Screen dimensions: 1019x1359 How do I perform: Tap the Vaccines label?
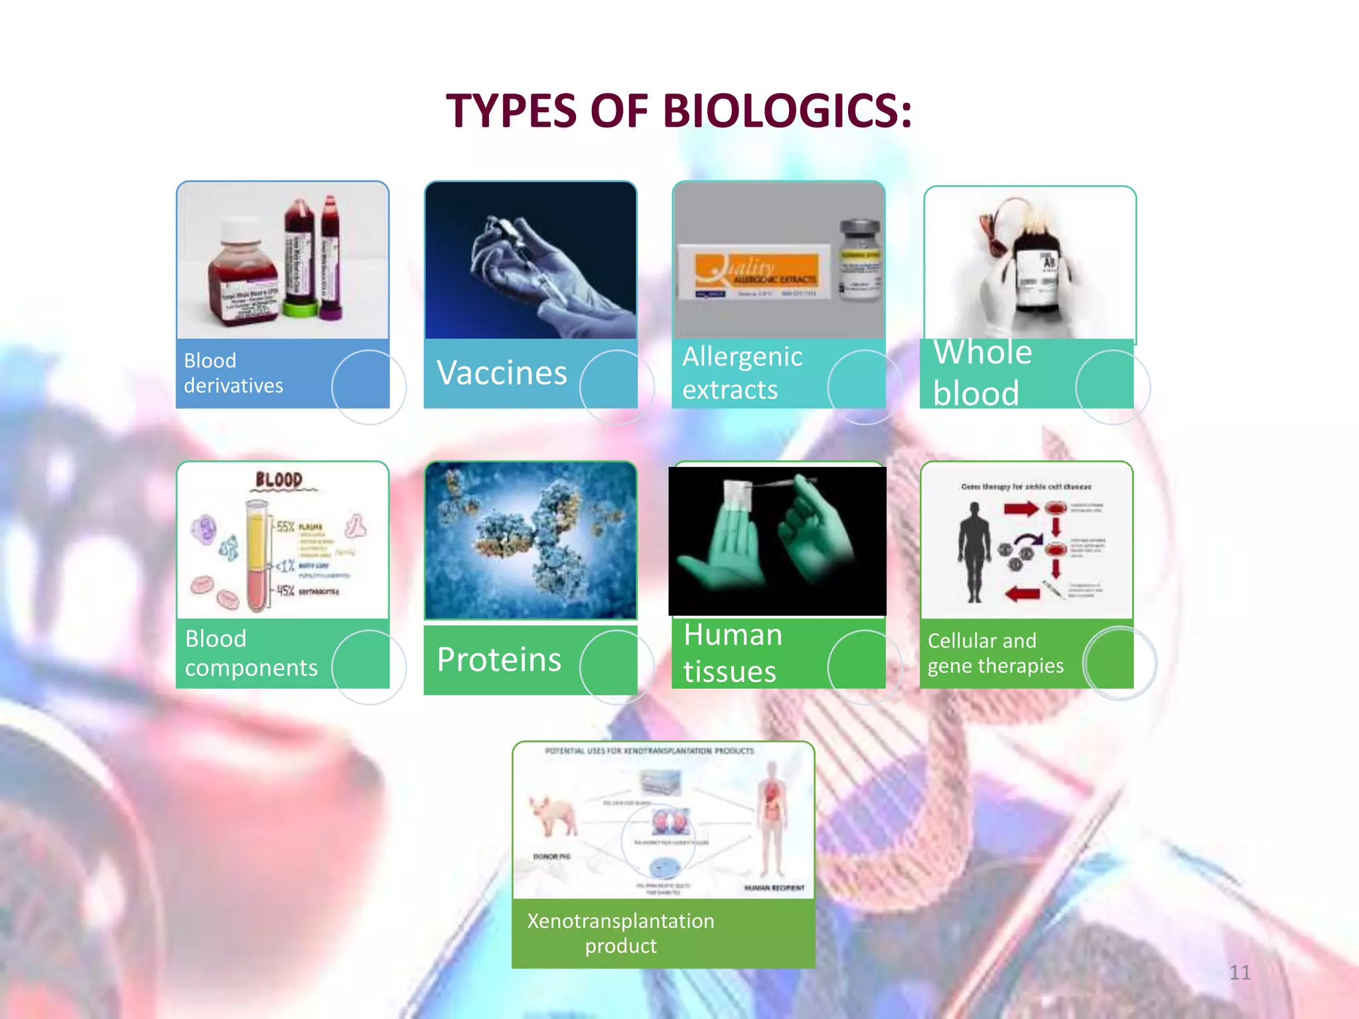tap(502, 373)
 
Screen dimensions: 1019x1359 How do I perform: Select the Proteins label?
tap(499, 659)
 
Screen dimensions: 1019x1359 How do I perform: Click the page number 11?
tap(1240, 973)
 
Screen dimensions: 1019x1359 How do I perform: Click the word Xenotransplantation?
tap(620, 921)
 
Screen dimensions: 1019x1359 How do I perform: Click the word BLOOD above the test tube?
tap(279, 480)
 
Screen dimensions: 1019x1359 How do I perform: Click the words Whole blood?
tap(982, 372)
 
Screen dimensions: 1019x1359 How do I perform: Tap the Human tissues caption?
tap(732, 653)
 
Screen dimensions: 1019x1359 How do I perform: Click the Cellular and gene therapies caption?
tap(995, 653)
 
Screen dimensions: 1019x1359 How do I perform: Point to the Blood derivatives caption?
tap(233, 373)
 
